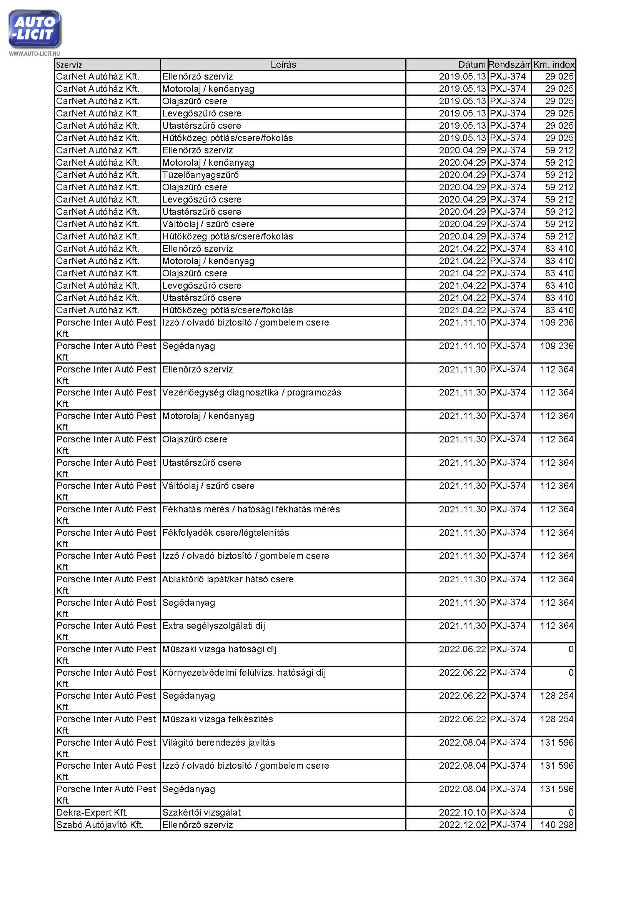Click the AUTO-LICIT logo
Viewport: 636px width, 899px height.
click(35, 29)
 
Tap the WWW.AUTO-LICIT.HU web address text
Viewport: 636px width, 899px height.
click(35, 54)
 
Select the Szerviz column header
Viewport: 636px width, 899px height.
click(69, 65)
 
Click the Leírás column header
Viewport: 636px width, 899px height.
click(283, 65)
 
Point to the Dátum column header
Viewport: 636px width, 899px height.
click(471, 65)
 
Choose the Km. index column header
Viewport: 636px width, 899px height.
click(553, 65)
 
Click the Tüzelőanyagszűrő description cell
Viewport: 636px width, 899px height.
click(200, 175)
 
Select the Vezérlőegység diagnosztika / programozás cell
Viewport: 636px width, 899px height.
click(252, 393)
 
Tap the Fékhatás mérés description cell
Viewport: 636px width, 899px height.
click(251, 509)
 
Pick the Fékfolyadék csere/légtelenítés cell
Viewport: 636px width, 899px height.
click(226, 533)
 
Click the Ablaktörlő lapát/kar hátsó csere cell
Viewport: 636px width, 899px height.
click(228, 580)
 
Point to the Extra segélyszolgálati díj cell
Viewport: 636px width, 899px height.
click(213, 626)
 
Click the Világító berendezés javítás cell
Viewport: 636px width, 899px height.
click(218, 743)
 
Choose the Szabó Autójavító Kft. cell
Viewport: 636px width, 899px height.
click(100, 825)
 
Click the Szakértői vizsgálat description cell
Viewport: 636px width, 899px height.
click(201, 813)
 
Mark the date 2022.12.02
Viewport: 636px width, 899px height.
click(462, 825)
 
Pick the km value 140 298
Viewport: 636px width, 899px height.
click(556, 825)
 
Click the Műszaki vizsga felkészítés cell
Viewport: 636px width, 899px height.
click(217, 719)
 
